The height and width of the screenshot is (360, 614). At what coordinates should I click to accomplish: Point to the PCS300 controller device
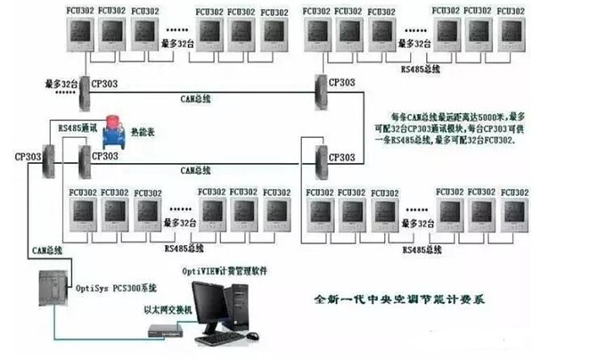click(54, 290)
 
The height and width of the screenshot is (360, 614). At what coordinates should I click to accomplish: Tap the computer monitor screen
click(211, 303)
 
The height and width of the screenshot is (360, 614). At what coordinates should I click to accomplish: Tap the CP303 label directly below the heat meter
click(104, 156)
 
